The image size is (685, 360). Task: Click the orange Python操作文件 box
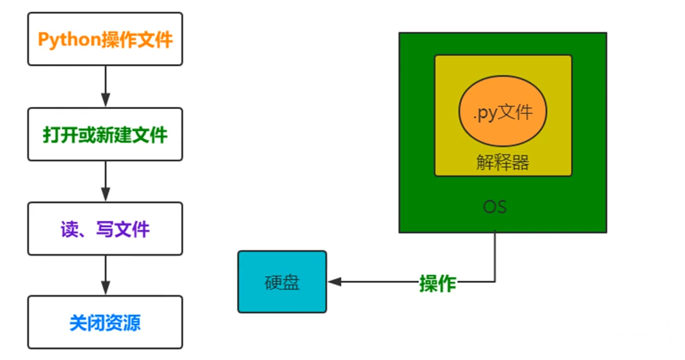click(x=105, y=39)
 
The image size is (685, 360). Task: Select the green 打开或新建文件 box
click(x=105, y=134)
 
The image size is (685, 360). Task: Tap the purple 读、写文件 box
click(x=105, y=228)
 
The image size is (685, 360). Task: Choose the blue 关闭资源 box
click(x=105, y=322)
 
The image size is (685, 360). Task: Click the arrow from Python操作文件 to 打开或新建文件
click(x=105, y=86)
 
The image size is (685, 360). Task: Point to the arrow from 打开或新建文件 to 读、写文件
click(x=105, y=181)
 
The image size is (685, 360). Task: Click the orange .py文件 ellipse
click(x=503, y=111)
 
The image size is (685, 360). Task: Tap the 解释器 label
click(x=503, y=162)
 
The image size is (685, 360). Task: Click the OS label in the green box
click(x=495, y=206)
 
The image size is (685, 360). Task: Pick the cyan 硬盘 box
click(x=282, y=282)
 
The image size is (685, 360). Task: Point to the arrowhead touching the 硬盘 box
click(x=334, y=282)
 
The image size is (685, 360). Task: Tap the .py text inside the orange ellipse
click(x=485, y=112)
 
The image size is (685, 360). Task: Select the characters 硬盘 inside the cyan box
click(x=282, y=282)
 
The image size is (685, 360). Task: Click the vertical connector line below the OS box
click(x=495, y=256)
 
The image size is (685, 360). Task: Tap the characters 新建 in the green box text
click(x=114, y=134)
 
